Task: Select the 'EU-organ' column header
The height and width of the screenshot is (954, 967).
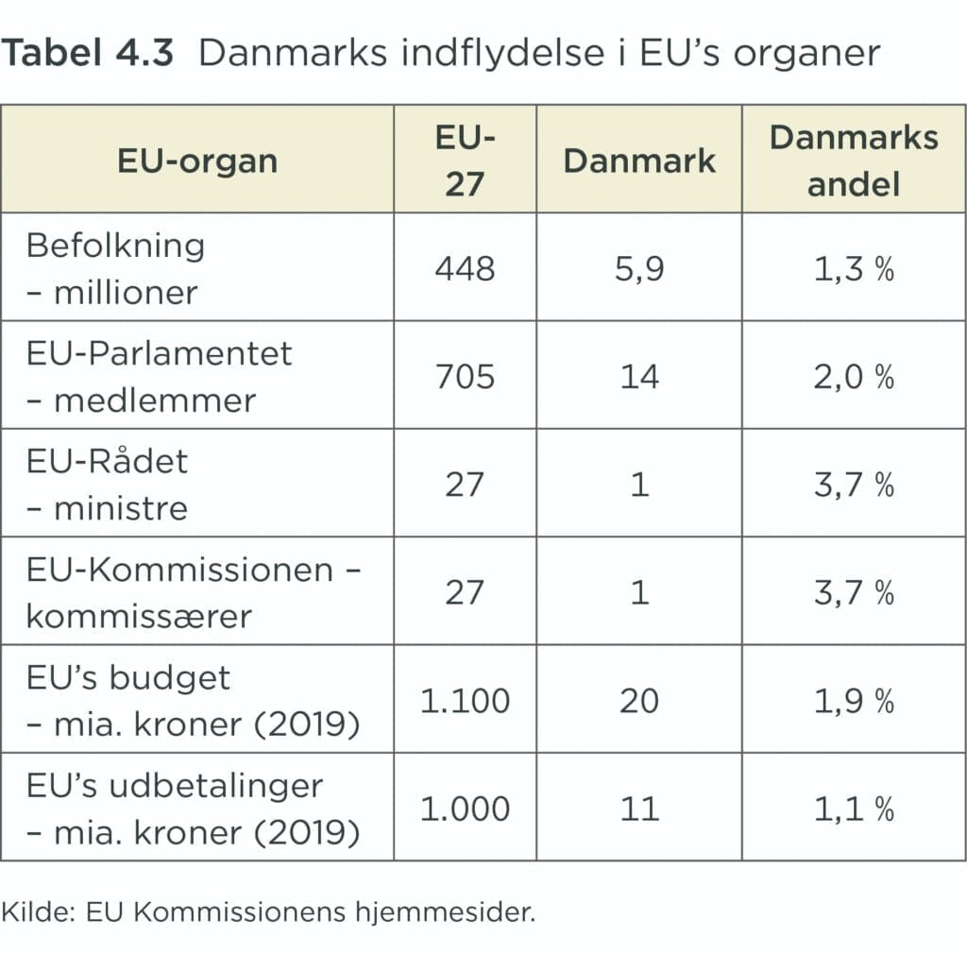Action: [x=197, y=161]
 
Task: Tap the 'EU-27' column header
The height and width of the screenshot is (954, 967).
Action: [x=465, y=161]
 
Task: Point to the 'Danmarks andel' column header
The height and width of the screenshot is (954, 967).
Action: [x=854, y=161]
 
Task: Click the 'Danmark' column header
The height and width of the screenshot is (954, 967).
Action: [x=639, y=161]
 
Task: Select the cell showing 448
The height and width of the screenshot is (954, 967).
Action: [x=465, y=269]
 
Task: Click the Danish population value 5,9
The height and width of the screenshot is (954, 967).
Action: [x=639, y=269]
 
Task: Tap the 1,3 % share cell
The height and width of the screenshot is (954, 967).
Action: [x=854, y=269]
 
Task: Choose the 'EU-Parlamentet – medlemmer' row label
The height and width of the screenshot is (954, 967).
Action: [x=159, y=376]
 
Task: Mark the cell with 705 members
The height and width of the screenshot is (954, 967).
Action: [x=465, y=377]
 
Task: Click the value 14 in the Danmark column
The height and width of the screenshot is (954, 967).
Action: [x=639, y=377]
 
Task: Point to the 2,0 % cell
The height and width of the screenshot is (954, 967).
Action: [x=854, y=377]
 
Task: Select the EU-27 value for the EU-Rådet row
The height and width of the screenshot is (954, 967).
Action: [x=465, y=485]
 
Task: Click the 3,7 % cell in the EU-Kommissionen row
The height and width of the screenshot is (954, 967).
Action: [x=854, y=592]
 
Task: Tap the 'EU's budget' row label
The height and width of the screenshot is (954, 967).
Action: [x=128, y=678]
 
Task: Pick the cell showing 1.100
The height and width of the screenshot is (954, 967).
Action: [x=465, y=700]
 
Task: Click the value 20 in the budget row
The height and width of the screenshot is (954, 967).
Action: [x=639, y=700]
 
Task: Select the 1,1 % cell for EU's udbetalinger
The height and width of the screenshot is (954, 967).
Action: [x=854, y=809]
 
